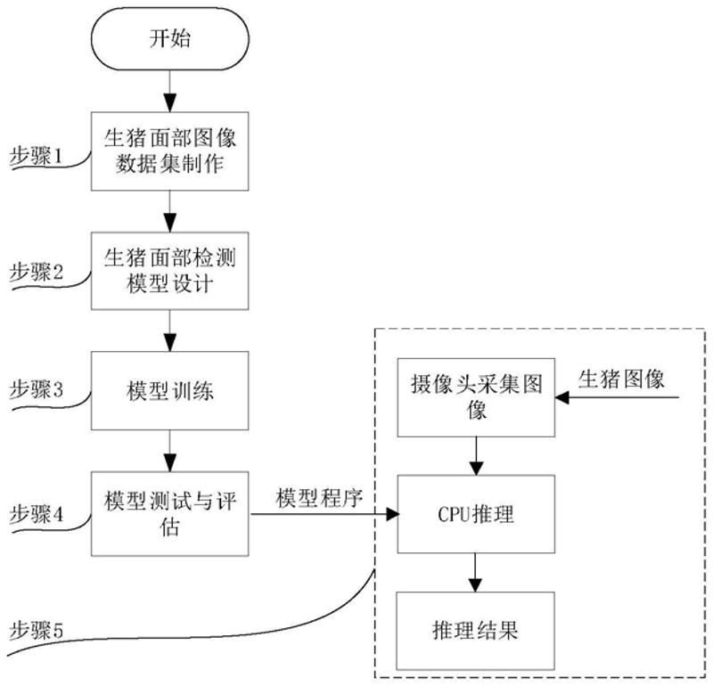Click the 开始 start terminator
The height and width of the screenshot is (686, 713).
tap(168, 39)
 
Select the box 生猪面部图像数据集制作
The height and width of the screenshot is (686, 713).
tap(168, 151)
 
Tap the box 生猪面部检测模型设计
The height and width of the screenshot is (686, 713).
tap(168, 270)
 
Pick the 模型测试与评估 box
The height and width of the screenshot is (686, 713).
tap(168, 513)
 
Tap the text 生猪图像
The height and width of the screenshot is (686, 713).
tap(621, 379)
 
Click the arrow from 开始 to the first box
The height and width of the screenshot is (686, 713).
tap(168, 90)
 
